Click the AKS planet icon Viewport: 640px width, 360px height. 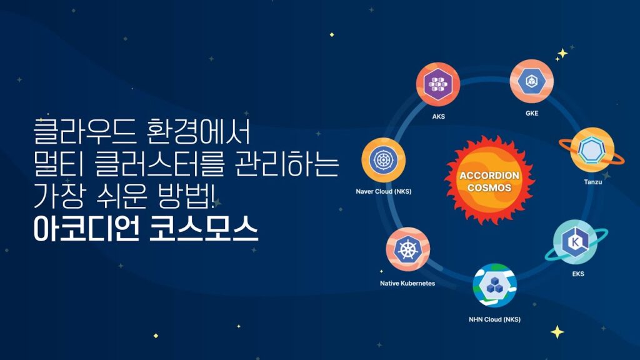438,84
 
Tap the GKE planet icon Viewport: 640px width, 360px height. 531,81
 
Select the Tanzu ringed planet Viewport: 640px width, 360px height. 592,150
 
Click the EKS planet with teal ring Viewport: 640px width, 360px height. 576,242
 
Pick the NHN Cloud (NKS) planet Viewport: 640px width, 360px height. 495,285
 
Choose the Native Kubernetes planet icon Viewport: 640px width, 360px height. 407,249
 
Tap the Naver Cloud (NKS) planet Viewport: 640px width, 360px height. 383,160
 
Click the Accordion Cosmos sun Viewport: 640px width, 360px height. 489,181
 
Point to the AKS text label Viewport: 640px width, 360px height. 438,117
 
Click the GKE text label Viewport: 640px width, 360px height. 532,114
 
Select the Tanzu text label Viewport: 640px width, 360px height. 592,182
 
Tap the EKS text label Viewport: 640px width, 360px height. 578,274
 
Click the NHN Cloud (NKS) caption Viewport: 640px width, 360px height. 495,319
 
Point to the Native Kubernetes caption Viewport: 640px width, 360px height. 407,283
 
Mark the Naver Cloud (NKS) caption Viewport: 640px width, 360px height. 384,191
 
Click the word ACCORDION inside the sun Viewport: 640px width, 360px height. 489,176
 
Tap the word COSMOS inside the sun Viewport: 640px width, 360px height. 489,187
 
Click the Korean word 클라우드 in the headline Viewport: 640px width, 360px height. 84,131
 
